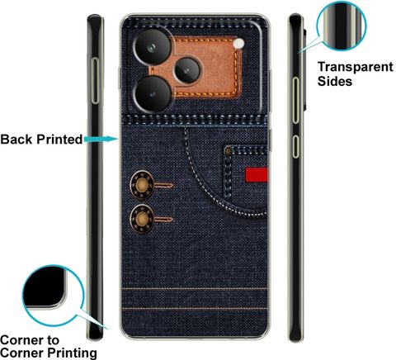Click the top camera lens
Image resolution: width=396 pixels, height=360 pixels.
pos(152,47)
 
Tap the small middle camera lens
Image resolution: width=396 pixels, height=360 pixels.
pos(187,70)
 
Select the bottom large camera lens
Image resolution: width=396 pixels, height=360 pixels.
pos(152,94)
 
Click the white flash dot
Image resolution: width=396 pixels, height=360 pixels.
pos(238,44)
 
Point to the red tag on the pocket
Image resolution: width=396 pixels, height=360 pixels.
pos(257,175)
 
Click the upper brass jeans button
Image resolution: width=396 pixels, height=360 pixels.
pos(142,185)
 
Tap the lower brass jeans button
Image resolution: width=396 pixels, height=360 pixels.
pos(142,219)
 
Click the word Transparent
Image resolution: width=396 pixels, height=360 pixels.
pos(356,67)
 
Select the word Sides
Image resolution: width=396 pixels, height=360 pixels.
pos(335,81)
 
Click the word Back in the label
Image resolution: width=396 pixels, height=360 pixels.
pos(16,140)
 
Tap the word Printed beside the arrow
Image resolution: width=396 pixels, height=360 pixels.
pos(59,140)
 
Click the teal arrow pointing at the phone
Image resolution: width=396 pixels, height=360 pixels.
pos(101,140)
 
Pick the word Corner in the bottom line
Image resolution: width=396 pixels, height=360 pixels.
pos(22,353)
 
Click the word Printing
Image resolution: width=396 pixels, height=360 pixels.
pos(73,353)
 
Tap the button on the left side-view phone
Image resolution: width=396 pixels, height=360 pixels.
pos(95,81)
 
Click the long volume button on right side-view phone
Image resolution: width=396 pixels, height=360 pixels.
pos(295,100)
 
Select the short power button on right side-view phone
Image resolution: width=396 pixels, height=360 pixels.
pos(295,146)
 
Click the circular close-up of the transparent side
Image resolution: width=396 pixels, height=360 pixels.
pos(342,26)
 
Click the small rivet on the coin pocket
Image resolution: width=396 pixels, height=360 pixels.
pos(229,151)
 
